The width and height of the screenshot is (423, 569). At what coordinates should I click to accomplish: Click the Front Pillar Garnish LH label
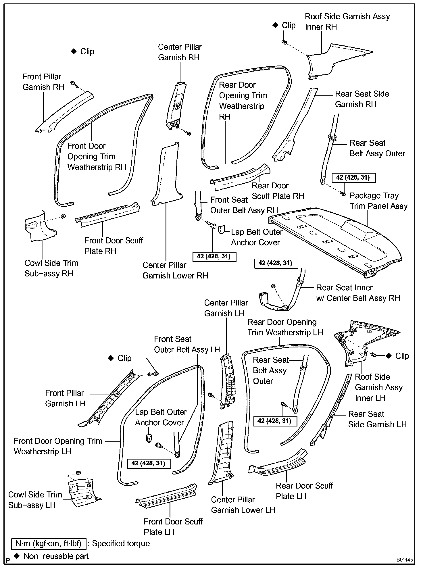[65, 398]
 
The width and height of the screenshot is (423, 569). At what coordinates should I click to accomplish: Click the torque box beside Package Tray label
[353, 177]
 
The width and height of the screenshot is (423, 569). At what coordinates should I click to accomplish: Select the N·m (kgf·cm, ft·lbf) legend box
[49, 544]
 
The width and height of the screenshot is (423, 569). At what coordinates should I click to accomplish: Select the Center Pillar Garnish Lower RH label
[175, 270]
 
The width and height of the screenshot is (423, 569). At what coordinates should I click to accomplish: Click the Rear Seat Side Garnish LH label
[377, 419]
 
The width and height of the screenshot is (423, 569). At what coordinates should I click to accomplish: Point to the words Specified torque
[121, 544]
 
